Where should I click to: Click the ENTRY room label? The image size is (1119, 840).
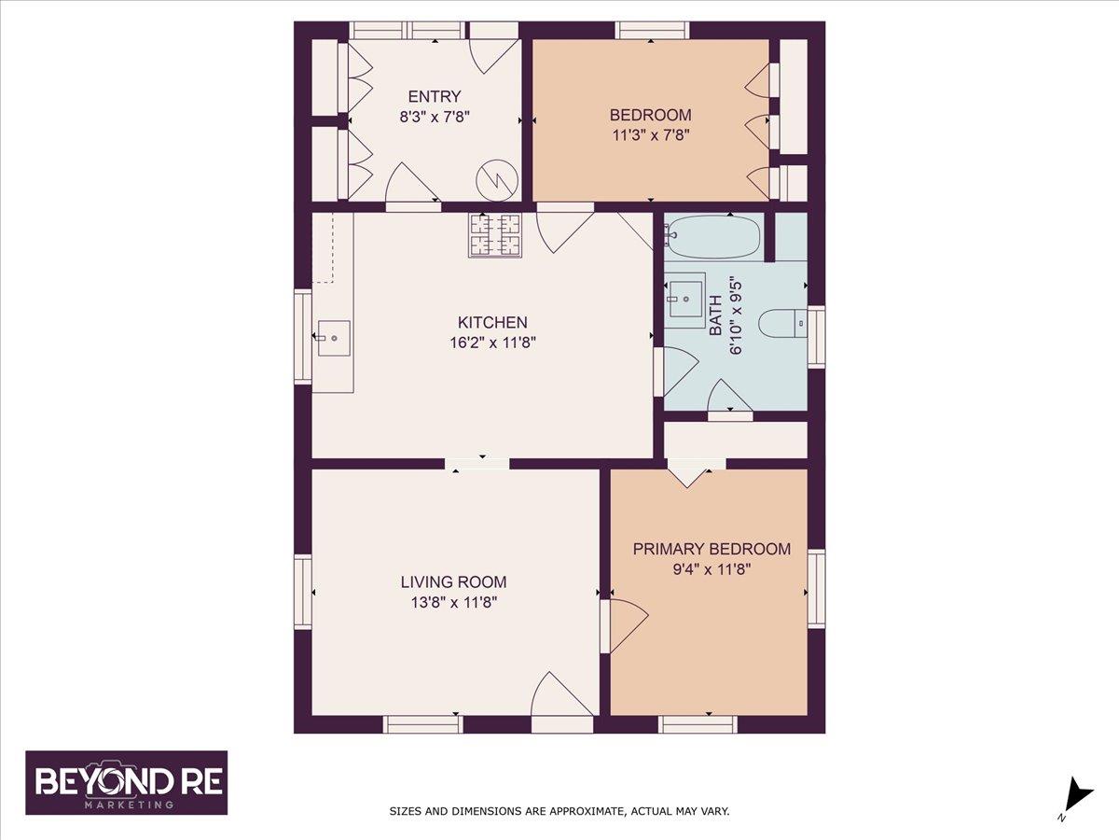(x=435, y=96)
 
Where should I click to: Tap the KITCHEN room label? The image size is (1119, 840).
(x=492, y=322)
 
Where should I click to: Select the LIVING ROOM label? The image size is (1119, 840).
(x=453, y=581)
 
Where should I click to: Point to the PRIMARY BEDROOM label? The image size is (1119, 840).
(x=711, y=549)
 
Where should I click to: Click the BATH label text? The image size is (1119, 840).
(x=716, y=315)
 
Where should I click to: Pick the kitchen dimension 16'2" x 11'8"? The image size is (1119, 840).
(x=492, y=343)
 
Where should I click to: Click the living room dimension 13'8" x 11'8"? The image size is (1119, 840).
(x=454, y=602)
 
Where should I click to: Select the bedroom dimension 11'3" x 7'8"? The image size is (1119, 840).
(x=651, y=135)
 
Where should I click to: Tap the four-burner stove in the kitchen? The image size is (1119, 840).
(x=495, y=235)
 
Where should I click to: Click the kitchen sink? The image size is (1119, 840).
(x=334, y=338)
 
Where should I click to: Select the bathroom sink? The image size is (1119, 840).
(x=685, y=300)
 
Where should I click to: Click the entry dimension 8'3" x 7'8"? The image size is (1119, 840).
(x=435, y=117)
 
